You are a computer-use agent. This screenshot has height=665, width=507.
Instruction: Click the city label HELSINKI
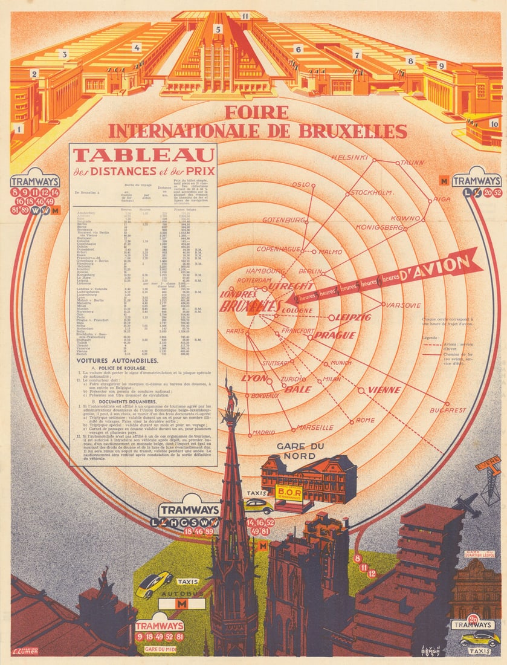coord(349,158)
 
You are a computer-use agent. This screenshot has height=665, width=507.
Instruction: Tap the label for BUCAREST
coord(448,410)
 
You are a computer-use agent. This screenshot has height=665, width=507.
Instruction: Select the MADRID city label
coord(263,432)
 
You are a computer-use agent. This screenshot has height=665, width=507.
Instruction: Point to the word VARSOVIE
coord(403,305)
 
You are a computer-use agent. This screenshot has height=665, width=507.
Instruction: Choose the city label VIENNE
coord(384,390)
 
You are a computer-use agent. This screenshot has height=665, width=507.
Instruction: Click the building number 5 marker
coord(218,28)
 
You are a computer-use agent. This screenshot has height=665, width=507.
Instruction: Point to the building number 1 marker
coord(19,128)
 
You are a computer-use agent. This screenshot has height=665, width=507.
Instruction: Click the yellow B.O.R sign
coord(289,491)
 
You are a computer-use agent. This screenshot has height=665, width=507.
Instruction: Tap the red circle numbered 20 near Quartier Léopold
coord(474,618)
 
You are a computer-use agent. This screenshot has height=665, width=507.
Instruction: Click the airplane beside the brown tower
coord(467,505)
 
